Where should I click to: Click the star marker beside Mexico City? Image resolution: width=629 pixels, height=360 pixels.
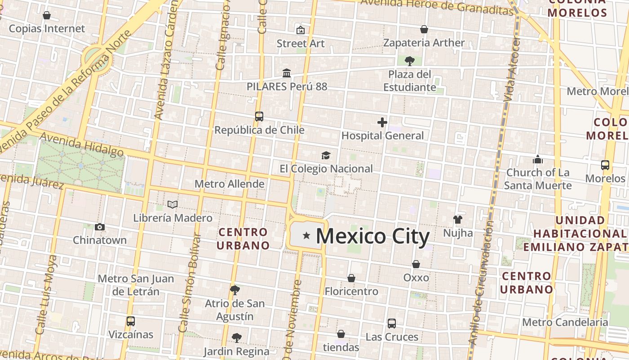pos(307,235)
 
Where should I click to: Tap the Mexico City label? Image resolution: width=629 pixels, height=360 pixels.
pos(372,236)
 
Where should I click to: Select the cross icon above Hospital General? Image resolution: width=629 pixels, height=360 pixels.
pos(382,122)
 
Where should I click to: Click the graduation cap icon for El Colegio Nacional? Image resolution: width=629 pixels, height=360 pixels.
pos(326,156)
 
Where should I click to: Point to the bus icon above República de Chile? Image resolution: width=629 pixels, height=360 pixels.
pos(259,117)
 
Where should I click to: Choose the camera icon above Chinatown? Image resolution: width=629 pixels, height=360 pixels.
pos(100,227)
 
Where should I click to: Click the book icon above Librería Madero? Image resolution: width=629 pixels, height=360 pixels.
pos(173,204)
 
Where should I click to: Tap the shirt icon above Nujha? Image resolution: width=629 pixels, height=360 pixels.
pos(458,220)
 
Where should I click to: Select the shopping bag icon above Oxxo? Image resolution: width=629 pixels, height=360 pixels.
pos(416,264)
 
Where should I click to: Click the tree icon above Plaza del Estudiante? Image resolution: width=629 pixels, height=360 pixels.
pos(409,61)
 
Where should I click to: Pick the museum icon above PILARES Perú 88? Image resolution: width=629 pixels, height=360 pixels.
pos(287,73)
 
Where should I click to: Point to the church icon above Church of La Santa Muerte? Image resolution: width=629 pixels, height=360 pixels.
pos(538,159)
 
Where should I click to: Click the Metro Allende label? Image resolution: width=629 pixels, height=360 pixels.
pos(229,184)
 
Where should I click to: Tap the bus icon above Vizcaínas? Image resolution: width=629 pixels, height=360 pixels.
pos(131,321)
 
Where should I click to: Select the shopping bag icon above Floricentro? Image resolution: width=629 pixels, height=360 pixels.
pos(351,278)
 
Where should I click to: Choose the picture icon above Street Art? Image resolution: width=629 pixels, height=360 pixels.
pos(301,30)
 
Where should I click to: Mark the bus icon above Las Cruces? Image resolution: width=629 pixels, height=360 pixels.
pos(392,323)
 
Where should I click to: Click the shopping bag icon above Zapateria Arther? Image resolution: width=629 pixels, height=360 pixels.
pos(424,29)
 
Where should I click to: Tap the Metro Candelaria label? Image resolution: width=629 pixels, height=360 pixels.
pos(565,322)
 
